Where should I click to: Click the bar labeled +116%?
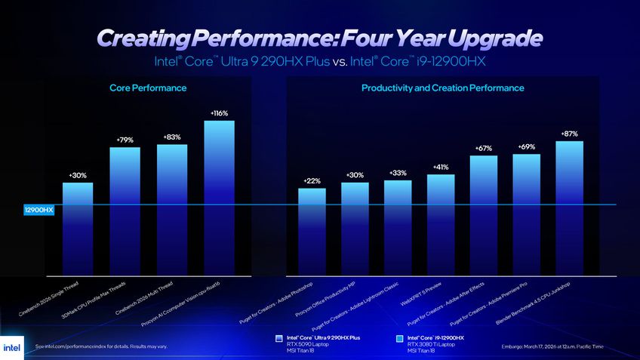219,196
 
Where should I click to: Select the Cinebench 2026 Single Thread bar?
78,226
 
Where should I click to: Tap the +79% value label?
125,140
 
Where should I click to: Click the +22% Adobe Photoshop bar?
312,230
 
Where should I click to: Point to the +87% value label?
570,134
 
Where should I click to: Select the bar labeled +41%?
441,223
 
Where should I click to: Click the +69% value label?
527,146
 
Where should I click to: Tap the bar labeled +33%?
398,226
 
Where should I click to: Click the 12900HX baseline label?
38,210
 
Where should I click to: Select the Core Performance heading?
148,88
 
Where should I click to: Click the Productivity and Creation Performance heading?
442,88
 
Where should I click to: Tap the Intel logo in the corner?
13,346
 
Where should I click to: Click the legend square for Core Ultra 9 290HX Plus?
279,339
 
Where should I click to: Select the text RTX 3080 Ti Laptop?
431,344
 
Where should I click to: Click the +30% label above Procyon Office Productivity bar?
355,175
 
